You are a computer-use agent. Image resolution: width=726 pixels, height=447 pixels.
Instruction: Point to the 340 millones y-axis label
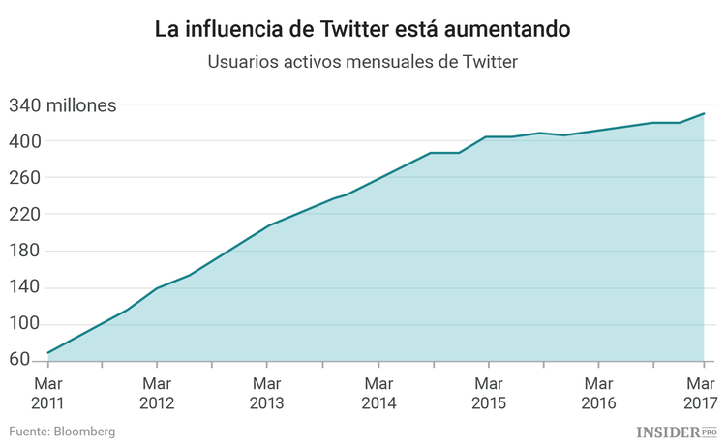click(63, 105)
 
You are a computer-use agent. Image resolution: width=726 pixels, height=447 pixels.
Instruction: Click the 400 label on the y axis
click(25, 141)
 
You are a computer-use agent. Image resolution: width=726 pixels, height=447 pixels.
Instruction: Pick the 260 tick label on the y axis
click(25, 178)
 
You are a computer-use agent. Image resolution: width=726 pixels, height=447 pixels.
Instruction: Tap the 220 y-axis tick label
click(25, 214)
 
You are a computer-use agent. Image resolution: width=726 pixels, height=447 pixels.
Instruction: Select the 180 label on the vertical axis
click(25, 251)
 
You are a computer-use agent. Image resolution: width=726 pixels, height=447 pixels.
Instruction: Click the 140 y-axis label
click(25, 287)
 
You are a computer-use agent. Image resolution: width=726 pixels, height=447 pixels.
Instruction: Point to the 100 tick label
click(25, 324)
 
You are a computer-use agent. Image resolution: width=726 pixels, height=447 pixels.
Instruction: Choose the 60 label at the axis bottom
click(19, 360)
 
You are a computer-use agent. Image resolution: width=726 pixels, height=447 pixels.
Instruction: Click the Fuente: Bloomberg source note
click(62, 431)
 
